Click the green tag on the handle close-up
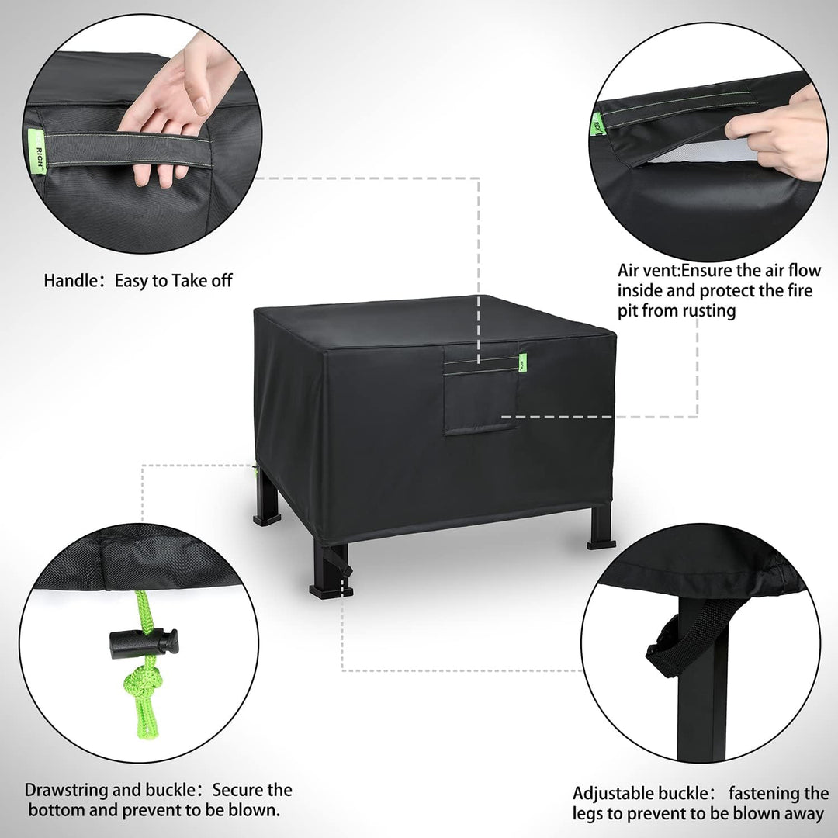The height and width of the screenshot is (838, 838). (x=37, y=151)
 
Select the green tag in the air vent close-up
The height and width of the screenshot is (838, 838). (x=598, y=124)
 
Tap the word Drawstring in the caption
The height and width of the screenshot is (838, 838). (x=67, y=791)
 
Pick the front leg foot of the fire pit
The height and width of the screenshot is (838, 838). (x=331, y=590)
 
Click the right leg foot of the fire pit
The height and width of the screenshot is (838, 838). (x=601, y=545)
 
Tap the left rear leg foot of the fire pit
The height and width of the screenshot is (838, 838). (x=267, y=519)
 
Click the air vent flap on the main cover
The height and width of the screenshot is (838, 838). (x=480, y=389)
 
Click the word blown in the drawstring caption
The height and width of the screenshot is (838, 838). (x=252, y=810)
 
